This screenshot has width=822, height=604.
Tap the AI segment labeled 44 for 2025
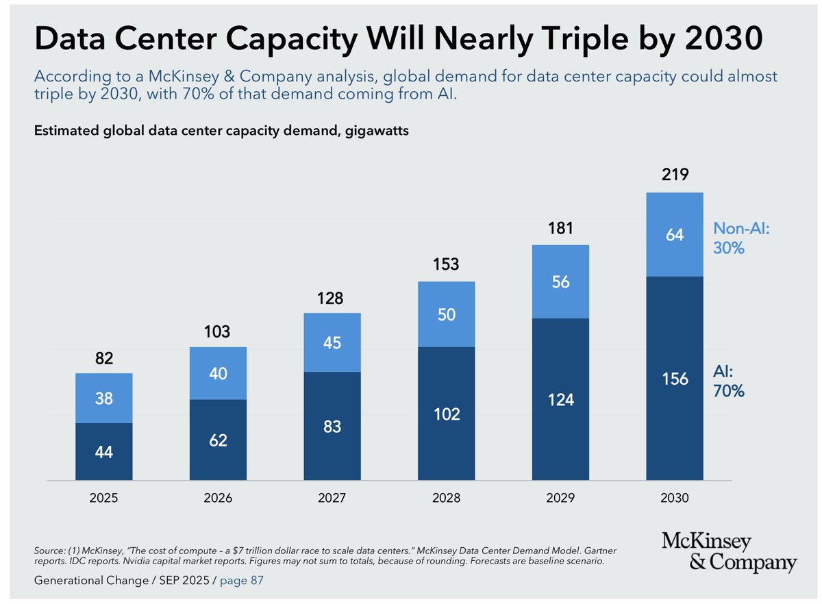click(104, 452)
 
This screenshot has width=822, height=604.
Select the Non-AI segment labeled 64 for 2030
click(675, 235)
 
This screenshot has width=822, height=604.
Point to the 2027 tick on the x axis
click(332, 498)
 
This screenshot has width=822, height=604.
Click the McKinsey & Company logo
click(729, 553)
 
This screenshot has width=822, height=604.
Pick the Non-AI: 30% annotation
click(742, 238)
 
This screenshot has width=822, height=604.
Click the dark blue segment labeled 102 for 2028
click(447, 414)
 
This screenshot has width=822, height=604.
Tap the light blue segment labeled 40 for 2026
click(219, 373)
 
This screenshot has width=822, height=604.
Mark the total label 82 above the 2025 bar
click(104, 359)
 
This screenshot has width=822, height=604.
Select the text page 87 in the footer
click(240, 581)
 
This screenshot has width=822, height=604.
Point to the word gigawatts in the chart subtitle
click(376, 131)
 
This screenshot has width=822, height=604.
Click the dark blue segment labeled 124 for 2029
click(560, 399)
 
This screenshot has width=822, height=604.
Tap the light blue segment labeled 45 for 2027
click(332, 342)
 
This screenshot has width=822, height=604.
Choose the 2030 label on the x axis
click(675, 498)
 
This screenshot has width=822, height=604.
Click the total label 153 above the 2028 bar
click(447, 264)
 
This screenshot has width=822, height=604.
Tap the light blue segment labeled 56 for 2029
click(560, 281)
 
